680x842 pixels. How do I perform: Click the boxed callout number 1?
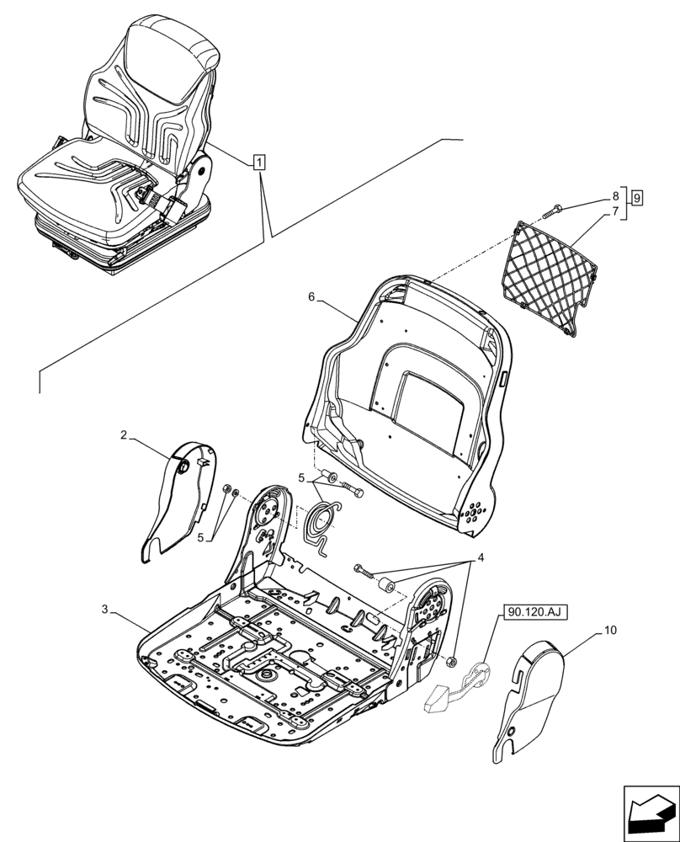[x=260, y=162]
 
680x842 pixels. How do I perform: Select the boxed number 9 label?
[x=637, y=199]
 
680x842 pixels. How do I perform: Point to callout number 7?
[x=615, y=211]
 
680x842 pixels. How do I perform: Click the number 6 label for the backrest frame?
[x=311, y=297]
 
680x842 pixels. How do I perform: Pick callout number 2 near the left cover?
[x=124, y=435]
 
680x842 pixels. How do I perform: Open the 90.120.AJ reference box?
[x=536, y=614]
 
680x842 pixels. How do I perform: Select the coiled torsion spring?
[x=321, y=524]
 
